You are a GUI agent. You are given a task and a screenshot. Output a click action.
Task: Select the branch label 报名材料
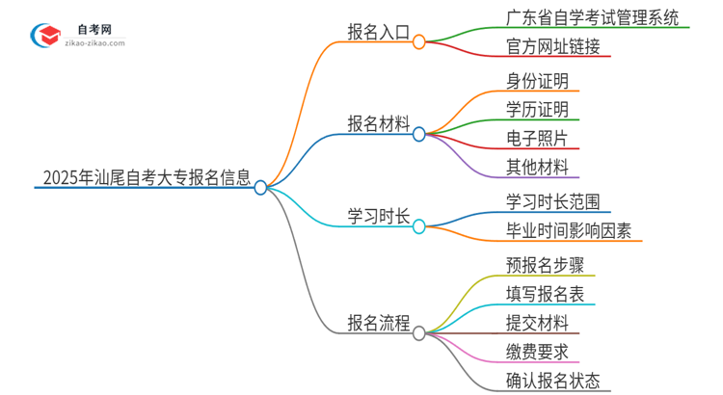(379, 123)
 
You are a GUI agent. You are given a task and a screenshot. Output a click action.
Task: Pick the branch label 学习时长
(379, 215)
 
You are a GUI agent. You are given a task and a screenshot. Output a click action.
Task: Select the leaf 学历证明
(537, 108)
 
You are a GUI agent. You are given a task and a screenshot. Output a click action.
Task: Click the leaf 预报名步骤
(545, 263)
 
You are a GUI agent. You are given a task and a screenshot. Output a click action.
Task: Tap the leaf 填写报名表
(545, 293)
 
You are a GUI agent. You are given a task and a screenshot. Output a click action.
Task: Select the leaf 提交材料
(537, 322)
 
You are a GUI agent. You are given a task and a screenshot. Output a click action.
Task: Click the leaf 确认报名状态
(552, 381)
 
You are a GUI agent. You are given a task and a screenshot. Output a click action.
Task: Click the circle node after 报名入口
(418, 42)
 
